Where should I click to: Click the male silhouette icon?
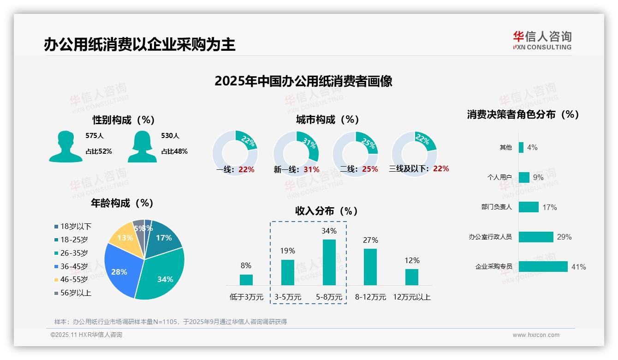point(65,146)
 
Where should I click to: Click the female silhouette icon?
point(142,146)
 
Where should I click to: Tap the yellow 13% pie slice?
point(124,238)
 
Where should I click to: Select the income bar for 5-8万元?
point(329,262)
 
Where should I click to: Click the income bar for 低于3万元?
point(246,280)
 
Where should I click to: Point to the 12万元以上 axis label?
point(411,297)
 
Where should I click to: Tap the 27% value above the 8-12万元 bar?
point(370,240)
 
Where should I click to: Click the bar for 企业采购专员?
point(543,267)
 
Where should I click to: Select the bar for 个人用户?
point(524,177)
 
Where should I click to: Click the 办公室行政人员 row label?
point(490,237)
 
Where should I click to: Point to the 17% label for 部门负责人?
point(549,207)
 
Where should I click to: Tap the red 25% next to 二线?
point(370,169)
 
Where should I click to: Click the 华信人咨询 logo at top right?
point(542,40)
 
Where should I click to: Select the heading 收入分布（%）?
point(327,211)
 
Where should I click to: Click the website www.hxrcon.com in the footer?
point(536,335)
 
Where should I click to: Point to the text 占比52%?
point(99,151)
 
